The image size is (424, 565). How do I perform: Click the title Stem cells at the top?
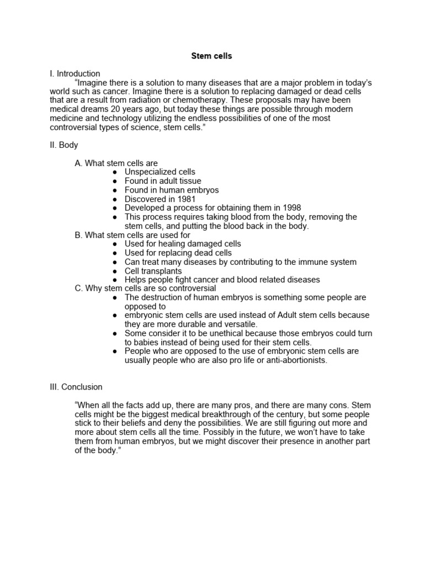211,56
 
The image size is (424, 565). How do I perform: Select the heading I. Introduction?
75,73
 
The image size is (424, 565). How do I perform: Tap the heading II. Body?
64,145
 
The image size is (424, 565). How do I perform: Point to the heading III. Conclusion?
76,387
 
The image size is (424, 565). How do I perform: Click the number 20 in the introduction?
116,109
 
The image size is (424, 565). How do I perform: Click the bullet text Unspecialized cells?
160,172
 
